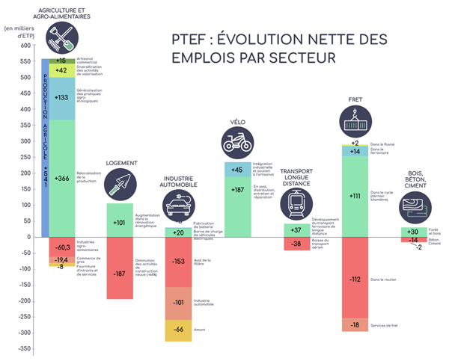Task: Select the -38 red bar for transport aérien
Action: [296, 244]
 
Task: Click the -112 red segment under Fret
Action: [355, 278]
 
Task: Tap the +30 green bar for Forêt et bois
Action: [413, 232]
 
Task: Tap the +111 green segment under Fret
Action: [355, 196]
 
